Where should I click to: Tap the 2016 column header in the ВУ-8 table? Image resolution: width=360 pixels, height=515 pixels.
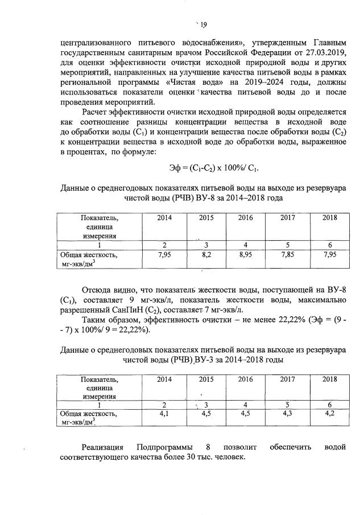(245, 218)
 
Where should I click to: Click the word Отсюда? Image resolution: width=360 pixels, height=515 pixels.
(100, 291)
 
